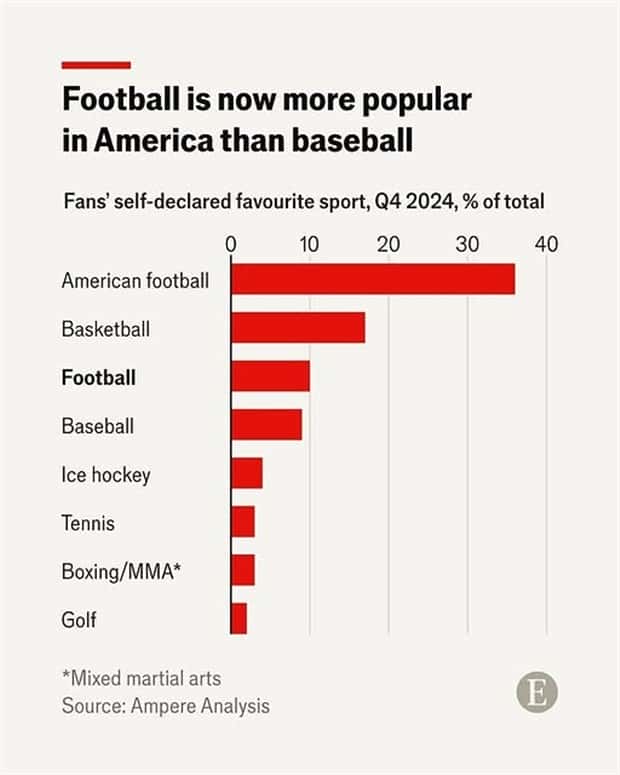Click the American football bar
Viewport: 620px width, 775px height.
tap(373, 280)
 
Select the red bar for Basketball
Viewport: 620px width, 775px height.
tap(298, 328)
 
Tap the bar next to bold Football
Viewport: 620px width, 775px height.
tap(270, 377)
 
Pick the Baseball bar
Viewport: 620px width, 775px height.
tap(266, 425)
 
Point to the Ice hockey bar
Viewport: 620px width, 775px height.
tap(247, 473)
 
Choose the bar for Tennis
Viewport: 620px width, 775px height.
tap(243, 522)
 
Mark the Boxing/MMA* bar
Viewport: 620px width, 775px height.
tap(243, 570)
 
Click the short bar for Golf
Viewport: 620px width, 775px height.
tap(239, 618)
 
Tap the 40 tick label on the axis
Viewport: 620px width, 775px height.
tap(545, 244)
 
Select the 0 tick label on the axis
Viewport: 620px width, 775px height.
tap(231, 244)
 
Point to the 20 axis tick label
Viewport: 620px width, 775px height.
tap(388, 244)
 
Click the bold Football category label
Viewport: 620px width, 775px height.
tap(98, 378)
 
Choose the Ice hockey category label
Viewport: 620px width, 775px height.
tap(105, 474)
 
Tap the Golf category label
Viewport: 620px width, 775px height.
tap(79, 619)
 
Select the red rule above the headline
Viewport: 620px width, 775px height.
tap(96, 65)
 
